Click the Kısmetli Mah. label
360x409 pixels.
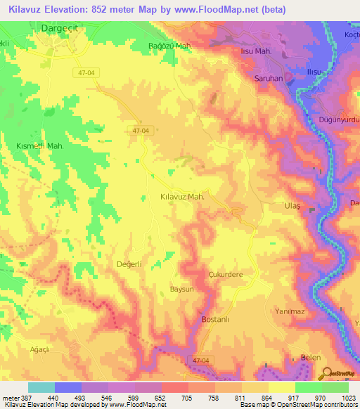click(41, 145)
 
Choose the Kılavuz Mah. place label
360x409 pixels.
click(182, 197)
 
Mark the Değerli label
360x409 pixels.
click(129, 264)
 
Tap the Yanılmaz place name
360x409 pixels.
click(288, 311)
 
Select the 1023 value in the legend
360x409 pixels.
click(349, 398)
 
